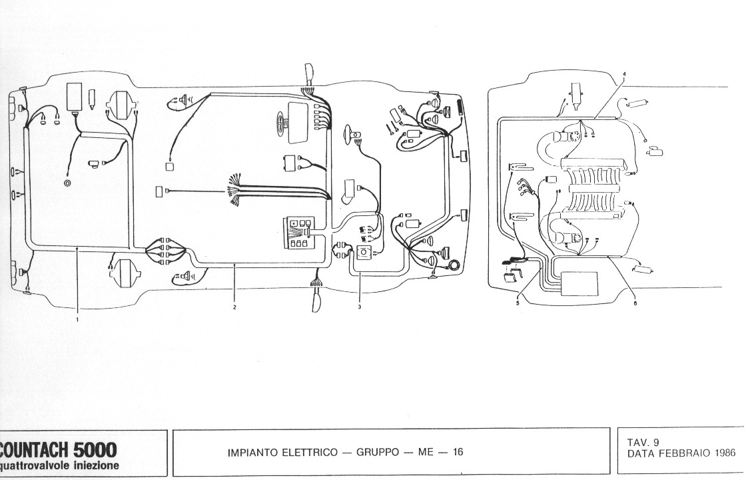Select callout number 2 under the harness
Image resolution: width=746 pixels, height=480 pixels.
click(x=234, y=307)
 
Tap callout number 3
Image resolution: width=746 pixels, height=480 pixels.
click(x=359, y=307)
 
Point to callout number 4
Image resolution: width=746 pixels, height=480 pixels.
click(x=624, y=72)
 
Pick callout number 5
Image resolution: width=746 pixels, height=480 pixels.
click(x=517, y=303)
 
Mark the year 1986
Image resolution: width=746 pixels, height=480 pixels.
click(x=723, y=453)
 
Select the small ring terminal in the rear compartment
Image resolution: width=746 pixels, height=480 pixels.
click(x=67, y=182)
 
